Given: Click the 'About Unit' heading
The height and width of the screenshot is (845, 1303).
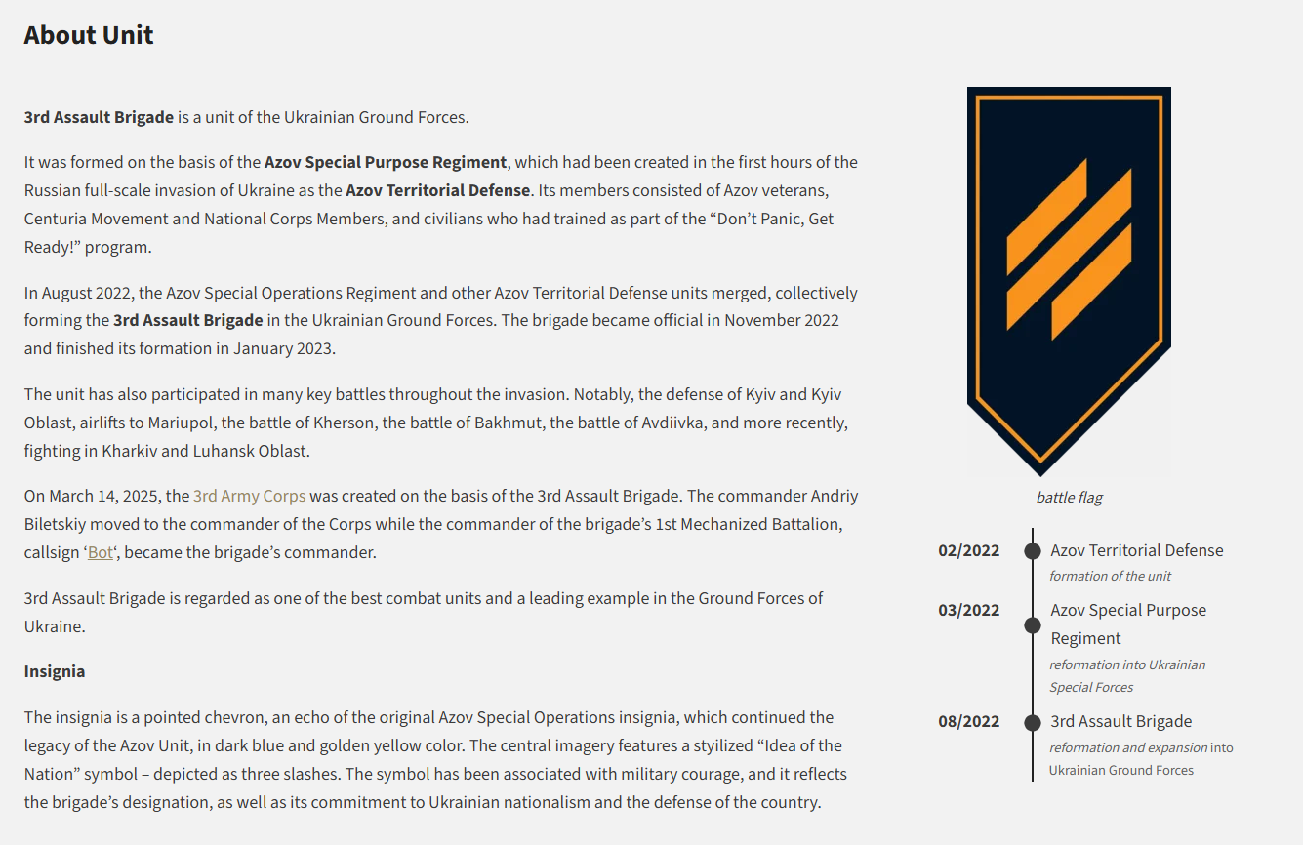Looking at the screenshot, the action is pos(89,35).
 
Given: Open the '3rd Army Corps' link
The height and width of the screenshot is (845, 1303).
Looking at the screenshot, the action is pos(249,496).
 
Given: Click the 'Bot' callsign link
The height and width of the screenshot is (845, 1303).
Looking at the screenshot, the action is pos(101,552).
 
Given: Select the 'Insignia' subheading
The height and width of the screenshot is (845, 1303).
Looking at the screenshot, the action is pos(55,671).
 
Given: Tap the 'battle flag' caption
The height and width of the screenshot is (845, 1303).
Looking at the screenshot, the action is pos(1069,498).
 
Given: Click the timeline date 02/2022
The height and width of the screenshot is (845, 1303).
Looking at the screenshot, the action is pos(968,550).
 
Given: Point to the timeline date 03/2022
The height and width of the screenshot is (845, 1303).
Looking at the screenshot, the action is pos(968,610).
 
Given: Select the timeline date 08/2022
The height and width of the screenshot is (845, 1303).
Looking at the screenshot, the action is pos(968,722).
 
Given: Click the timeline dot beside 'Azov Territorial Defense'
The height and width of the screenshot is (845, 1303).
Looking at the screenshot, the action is pos(1033,551).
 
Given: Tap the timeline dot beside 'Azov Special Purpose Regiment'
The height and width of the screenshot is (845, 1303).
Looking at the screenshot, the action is pos(1033,625).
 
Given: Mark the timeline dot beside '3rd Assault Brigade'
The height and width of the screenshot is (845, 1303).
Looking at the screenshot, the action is pos(1033,723).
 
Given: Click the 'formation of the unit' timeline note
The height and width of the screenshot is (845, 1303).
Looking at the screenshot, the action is pos(1110,577).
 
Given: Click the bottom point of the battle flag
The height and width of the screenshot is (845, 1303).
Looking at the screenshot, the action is pos(1040,475).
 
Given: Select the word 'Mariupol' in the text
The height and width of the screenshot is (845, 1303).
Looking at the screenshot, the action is pos(181,422).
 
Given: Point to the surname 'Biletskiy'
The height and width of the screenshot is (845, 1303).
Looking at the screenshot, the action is pos(55,525).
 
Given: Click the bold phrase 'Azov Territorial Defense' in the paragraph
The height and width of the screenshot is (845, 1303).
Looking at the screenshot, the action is pos(437,190).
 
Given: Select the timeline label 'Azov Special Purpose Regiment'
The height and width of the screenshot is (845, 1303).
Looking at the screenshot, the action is pos(1128,624).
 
